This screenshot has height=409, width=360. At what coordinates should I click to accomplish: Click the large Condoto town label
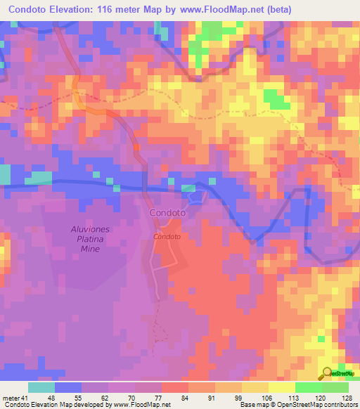(x=167, y=212)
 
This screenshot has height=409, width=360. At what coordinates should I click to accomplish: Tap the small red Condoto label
(x=167, y=236)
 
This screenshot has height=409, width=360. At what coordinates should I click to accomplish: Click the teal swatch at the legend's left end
(x=41, y=387)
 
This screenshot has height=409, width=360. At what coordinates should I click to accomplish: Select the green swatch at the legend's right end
(x=335, y=387)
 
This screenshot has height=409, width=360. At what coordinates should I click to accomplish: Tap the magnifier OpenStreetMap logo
(x=328, y=373)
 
